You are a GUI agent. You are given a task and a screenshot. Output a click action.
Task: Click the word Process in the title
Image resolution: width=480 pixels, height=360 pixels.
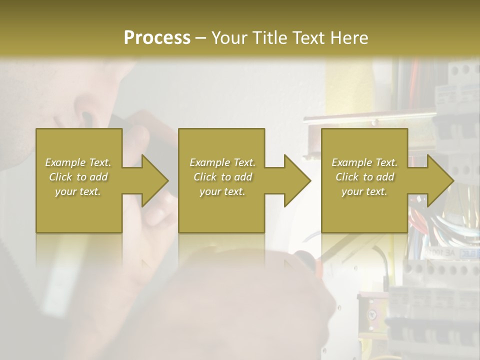pyautogui.click(x=157, y=37)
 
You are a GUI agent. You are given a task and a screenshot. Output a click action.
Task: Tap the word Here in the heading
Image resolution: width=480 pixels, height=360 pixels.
pyautogui.click(x=349, y=37)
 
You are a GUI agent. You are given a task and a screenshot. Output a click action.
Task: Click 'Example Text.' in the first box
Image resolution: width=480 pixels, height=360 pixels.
pyautogui.click(x=78, y=162)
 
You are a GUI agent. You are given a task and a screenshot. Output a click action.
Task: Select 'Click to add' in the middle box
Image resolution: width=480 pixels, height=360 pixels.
pyautogui.click(x=222, y=177)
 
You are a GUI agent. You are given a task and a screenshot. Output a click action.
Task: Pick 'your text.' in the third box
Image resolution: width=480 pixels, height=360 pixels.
pyautogui.click(x=364, y=191)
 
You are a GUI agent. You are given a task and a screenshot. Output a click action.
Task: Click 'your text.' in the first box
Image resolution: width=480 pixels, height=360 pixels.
pyautogui.click(x=78, y=191)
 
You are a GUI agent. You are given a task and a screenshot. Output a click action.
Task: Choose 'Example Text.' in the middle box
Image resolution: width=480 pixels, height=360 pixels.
pyautogui.click(x=222, y=162)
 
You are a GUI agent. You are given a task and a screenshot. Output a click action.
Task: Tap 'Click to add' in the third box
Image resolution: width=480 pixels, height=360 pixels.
pyautogui.click(x=364, y=177)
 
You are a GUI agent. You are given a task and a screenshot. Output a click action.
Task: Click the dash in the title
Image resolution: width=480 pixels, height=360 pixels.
pyautogui.click(x=200, y=38)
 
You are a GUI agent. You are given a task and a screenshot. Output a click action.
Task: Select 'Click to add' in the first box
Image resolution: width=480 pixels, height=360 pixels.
pyautogui.click(x=78, y=177)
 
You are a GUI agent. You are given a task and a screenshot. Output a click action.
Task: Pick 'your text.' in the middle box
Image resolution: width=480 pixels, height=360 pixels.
pyautogui.click(x=222, y=191)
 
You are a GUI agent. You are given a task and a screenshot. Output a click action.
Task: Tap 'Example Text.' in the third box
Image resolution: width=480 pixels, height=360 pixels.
pyautogui.click(x=364, y=162)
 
